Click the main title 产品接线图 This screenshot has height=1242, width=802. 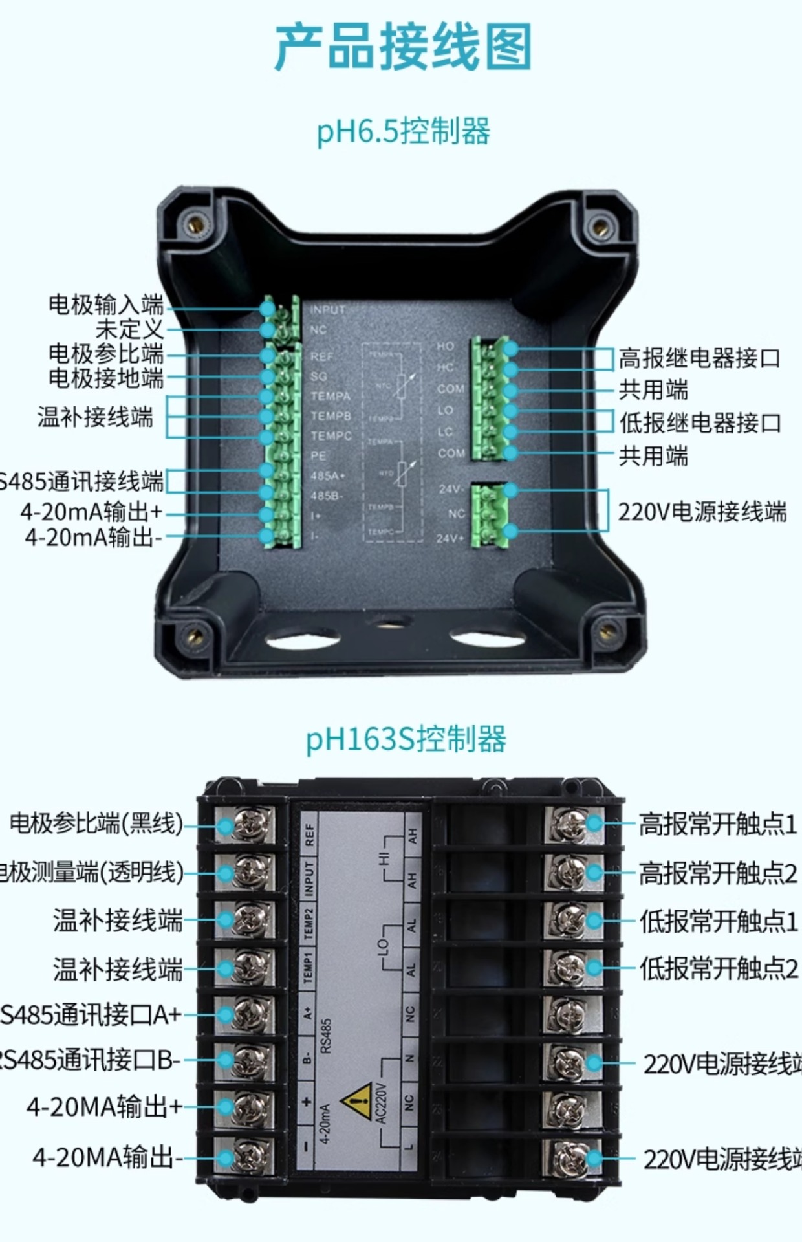[x=402, y=47]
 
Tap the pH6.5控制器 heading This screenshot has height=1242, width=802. [x=402, y=131]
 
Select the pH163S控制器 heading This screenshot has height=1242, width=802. [x=406, y=739]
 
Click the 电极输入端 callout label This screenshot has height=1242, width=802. [x=105, y=304]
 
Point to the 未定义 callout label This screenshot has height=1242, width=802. [x=129, y=329]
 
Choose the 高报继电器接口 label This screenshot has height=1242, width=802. [x=700, y=358]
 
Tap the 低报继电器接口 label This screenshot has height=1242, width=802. [x=700, y=422]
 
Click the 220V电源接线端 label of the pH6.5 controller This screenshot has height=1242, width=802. [x=702, y=512]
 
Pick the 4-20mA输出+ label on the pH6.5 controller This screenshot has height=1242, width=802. [x=91, y=512]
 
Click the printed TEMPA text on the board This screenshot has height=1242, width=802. [x=331, y=396]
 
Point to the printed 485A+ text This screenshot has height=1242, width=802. [x=328, y=475]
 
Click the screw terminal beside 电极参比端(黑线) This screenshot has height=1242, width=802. [x=248, y=825]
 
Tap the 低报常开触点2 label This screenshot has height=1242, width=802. [x=718, y=968]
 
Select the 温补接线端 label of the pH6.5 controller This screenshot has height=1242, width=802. [x=95, y=417]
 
